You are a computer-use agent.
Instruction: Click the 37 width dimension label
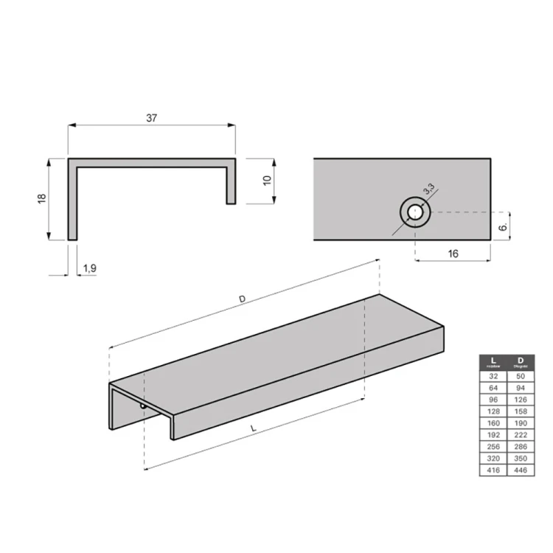click(x=152, y=117)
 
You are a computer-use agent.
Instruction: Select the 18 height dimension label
click(x=42, y=198)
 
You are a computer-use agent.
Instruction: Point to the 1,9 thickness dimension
click(x=89, y=268)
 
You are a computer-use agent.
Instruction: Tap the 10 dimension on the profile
click(x=267, y=179)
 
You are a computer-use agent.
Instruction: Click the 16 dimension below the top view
click(x=453, y=254)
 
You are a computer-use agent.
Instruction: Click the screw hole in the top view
click(x=415, y=212)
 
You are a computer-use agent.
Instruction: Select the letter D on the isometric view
click(x=242, y=299)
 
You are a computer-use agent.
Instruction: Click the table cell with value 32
click(x=493, y=376)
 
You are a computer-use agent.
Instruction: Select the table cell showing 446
click(x=521, y=470)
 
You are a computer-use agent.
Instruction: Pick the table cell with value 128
click(x=493, y=411)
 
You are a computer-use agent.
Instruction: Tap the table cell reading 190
click(x=521, y=423)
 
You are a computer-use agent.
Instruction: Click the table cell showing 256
click(x=493, y=447)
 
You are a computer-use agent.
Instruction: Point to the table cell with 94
click(x=521, y=388)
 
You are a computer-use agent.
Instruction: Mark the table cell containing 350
click(x=521, y=459)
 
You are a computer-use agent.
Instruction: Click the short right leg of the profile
click(x=231, y=184)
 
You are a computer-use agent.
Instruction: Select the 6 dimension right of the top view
click(x=502, y=228)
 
